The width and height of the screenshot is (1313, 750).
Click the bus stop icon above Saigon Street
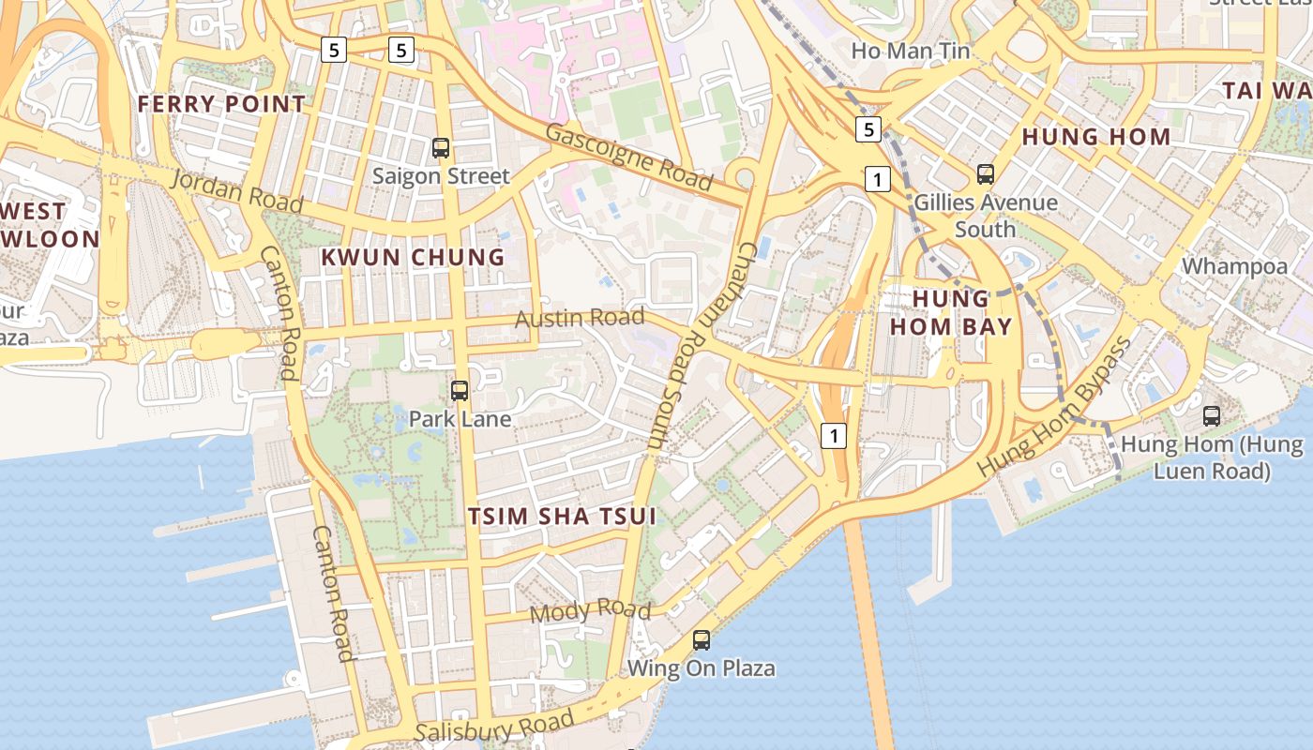[x=441, y=147]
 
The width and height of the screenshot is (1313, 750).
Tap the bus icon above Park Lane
[x=460, y=391]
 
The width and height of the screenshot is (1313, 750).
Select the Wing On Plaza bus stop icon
[x=702, y=640]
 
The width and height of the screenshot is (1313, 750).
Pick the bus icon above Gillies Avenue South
[x=986, y=173]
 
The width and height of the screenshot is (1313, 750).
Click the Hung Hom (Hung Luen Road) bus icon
[x=1212, y=415]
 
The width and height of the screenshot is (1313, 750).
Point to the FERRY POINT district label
[x=221, y=104]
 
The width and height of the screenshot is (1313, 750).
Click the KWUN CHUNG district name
[x=413, y=257]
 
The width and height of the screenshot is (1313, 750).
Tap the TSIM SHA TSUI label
[x=561, y=517]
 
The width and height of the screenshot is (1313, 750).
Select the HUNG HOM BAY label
[x=951, y=312]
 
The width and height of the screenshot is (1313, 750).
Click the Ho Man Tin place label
[x=910, y=51]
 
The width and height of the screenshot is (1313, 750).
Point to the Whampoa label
[x=1234, y=266]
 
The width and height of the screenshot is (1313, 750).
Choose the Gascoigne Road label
[x=628, y=157]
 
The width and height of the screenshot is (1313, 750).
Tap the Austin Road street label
[x=580, y=318]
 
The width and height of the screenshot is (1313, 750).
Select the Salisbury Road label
[x=494, y=727]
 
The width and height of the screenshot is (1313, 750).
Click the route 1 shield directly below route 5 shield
[x=877, y=178]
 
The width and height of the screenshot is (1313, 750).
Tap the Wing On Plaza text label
[x=702, y=668]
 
